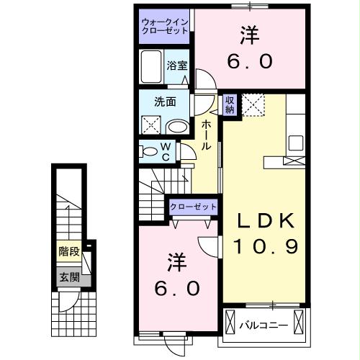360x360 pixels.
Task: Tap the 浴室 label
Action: pos(176,65)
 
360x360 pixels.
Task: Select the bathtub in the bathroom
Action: pos(151,68)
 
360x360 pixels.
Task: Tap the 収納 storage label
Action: pos(230,104)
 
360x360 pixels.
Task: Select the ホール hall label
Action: pos(206,135)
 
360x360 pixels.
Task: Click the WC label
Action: pos(164,152)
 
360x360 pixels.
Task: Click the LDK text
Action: pos(264,220)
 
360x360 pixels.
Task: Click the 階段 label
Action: pos(69,253)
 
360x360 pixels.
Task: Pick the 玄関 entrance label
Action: pos(69,277)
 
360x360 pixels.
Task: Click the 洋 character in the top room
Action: pos(248,35)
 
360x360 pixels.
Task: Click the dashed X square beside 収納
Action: pos(252,105)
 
